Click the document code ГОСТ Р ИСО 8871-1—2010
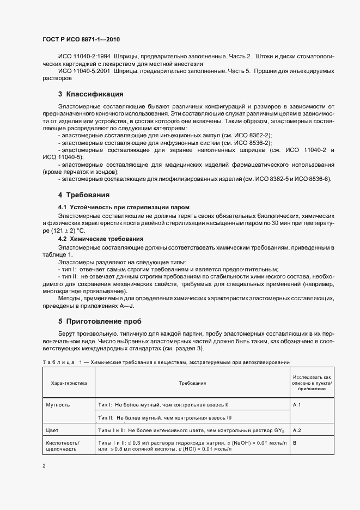coord(81,40)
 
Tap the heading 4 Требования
coord(84,195)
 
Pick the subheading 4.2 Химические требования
coord(101,239)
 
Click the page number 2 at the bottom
coord(44,466)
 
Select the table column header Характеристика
coord(69,384)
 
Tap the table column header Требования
coord(192,384)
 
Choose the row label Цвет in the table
coord(53,430)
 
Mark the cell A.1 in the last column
coord(297,405)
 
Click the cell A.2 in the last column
coord(297,430)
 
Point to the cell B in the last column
coord(295,443)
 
